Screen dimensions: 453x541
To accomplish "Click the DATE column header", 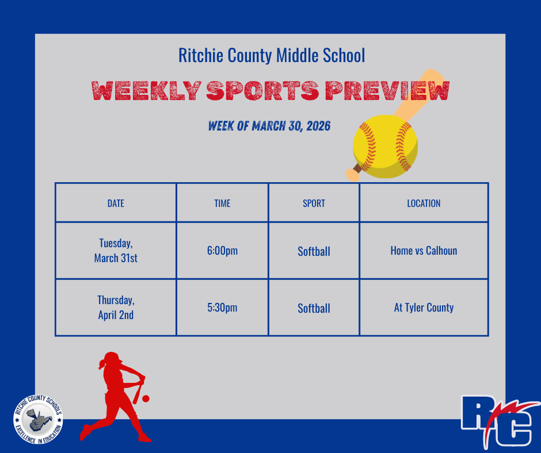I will click(x=116, y=204).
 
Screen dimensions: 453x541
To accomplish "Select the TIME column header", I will click(x=222, y=204).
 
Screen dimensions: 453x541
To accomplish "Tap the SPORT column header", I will click(x=314, y=204).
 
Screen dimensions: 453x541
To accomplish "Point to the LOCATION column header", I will click(x=424, y=204).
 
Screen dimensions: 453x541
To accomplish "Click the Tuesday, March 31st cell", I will click(x=116, y=251).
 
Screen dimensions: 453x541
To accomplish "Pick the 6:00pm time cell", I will click(x=222, y=251).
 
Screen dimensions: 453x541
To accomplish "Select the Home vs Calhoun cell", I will click(x=424, y=251).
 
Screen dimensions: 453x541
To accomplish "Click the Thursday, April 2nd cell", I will click(x=116, y=308).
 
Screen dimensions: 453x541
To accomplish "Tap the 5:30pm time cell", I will click(x=222, y=308).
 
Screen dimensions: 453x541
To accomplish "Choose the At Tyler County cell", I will click(x=424, y=308).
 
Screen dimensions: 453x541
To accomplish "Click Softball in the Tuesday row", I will click(x=314, y=252).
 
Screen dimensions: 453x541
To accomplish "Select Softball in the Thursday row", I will click(x=314, y=309).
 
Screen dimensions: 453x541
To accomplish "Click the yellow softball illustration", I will click(x=384, y=147).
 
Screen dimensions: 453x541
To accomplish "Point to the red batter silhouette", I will click(x=118, y=397).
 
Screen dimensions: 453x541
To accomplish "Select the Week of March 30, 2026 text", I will click(x=269, y=126).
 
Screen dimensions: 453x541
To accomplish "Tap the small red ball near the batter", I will click(x=146, y=398).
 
